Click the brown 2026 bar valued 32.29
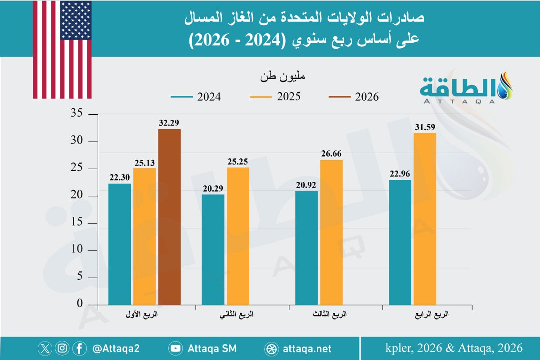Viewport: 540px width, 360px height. [x=169, y=216]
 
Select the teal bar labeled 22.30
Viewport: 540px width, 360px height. [x=120, y=243]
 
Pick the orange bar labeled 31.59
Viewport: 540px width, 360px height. [x=425, y=218]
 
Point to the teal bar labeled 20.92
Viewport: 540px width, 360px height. [x=306, y=247]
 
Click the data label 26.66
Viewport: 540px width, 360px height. [x=331, y=153]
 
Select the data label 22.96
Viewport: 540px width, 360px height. [x=399, y=173]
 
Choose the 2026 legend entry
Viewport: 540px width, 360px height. [x=353, y=97]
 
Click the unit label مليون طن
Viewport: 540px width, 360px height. [x=282, y=77]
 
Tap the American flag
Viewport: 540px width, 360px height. [x=62, y=49]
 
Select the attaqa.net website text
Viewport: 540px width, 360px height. [x=308, y=348]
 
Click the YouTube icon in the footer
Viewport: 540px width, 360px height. [x=175, y=348]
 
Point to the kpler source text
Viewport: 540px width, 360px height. [x=454, y=348]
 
